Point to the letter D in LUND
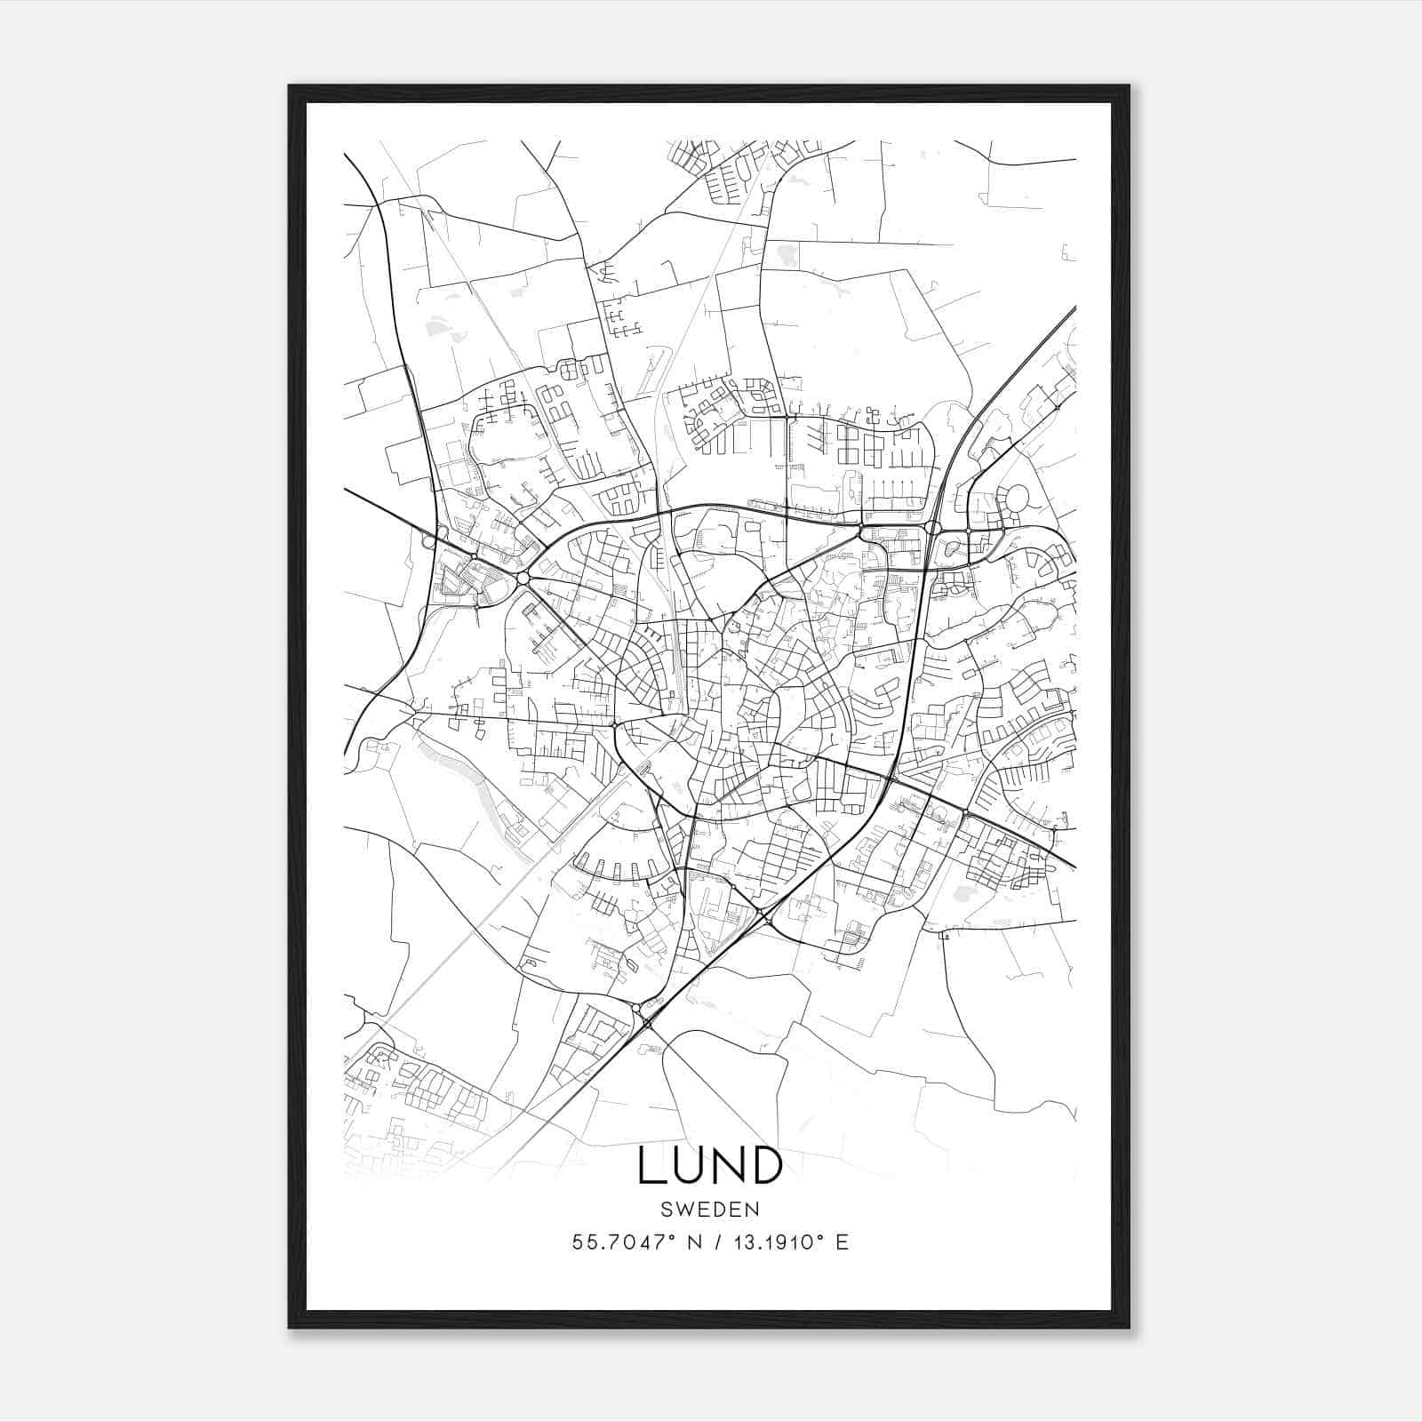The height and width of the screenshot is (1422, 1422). [765, 1166]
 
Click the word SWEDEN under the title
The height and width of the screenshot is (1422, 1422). [709, 1210]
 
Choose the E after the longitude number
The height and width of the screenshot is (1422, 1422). [842, 1242]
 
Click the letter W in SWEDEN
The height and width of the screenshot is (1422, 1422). [680, 1210]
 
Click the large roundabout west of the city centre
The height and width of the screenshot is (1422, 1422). [523, 579]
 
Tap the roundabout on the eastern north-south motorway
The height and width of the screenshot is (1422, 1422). [932, 528]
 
